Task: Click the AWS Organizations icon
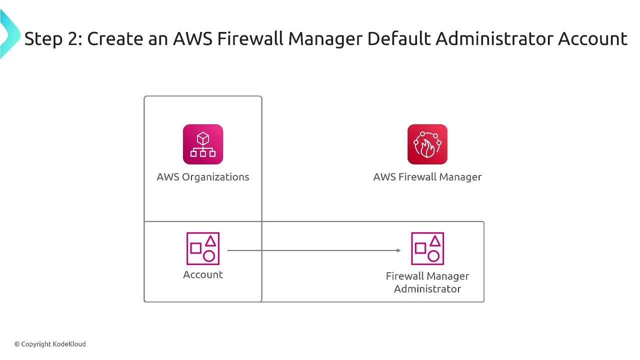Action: pyautogui.click(x=202, y=144)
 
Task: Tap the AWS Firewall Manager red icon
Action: pyautogui.click(x=427, y=144)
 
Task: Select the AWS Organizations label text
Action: pyautogui.click(x=202, y=177)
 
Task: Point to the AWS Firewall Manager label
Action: pyautogui.click(x=427, y=177)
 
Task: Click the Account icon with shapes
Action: pyautogui.click(x=202, y=248)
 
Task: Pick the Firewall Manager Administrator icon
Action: pyautogui.click(x=427, y=248)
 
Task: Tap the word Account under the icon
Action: pyautogui.click(x=202, y=274)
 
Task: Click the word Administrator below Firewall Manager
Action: pyautogui.click(x=427, y=289)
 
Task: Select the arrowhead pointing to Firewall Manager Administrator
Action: pyautogui.click(x=398, y=250)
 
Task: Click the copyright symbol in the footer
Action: pyautogui.click(x=17, y=344)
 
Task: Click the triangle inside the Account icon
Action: pyautogui.click(x=210, y=241)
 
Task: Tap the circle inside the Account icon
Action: pyautogui.click(x=209, y=256)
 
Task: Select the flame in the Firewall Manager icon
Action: pyautogui.click(x=428, y=147)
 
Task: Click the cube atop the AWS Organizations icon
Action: pyautogui.click(x=202, y=138)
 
